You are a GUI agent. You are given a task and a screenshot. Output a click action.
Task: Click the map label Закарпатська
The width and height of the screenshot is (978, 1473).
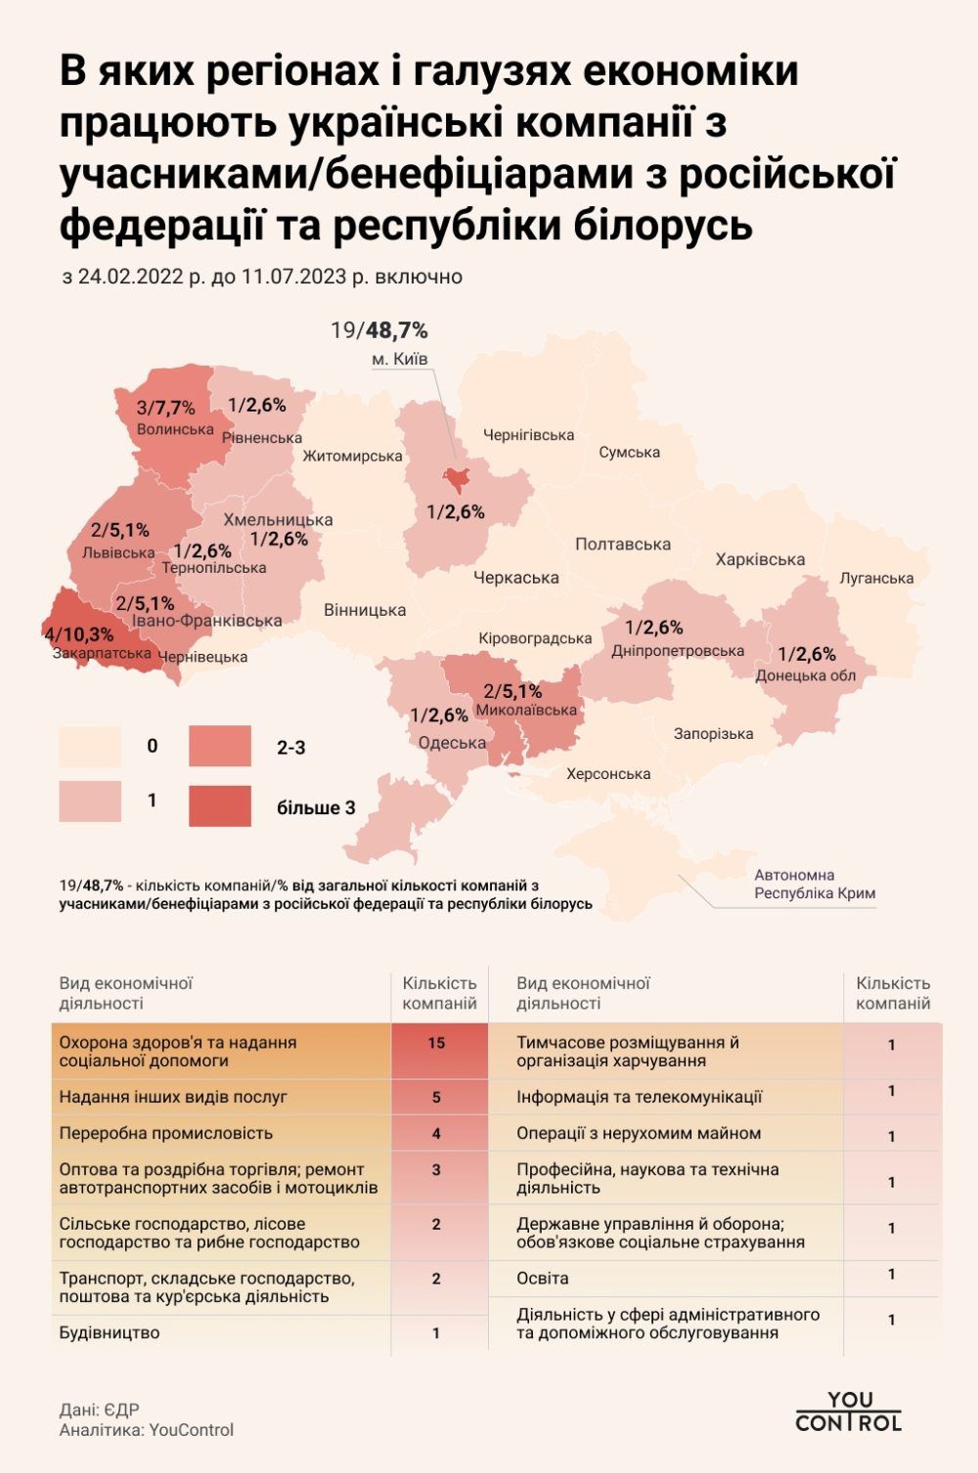click(x=102, y=653)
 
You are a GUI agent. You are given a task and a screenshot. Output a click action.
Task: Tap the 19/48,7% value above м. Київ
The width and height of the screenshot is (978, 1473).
click(x=379, y=330)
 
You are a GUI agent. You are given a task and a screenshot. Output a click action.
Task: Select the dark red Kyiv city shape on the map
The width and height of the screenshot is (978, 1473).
click(x=456, y=478)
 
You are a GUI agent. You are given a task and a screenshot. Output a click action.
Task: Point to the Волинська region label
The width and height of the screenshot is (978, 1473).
click(x=175, y=429)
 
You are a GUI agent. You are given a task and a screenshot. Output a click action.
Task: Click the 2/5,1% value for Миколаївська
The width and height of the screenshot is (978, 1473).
click(x=512, y=692)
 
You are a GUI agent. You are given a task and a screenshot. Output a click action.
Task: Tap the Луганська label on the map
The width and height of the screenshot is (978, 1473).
click(x=876, y=578)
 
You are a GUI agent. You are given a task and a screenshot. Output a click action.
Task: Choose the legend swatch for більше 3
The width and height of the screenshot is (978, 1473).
click(x=220, y=806)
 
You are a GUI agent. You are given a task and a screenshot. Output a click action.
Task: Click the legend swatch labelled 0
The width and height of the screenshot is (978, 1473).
click(x=90, y=747)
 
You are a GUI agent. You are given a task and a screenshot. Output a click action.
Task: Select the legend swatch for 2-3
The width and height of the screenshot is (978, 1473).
click(x=220, y=747)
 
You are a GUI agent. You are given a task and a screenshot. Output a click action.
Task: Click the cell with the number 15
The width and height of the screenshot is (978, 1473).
click(x=436, y=1043)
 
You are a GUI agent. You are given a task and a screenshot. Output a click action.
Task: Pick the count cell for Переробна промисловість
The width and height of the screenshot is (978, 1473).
click(x=436, y=1134)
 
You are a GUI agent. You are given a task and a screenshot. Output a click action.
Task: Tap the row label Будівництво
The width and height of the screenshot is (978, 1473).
click(x=110, y=1332)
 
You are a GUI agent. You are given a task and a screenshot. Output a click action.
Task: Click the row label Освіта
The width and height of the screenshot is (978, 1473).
click(x=543, y=1278)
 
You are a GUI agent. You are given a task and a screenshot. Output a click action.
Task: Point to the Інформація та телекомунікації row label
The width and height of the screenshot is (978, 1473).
click(x=639, y=1097)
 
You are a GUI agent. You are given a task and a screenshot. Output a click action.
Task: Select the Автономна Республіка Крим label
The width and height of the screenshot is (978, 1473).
click(x=815, y=884)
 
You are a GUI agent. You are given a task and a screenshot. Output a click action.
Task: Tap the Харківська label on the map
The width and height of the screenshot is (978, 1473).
click(x=760, y=559)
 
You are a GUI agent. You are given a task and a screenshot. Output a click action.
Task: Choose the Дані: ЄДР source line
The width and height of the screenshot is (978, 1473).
click(x=99, y=1409)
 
